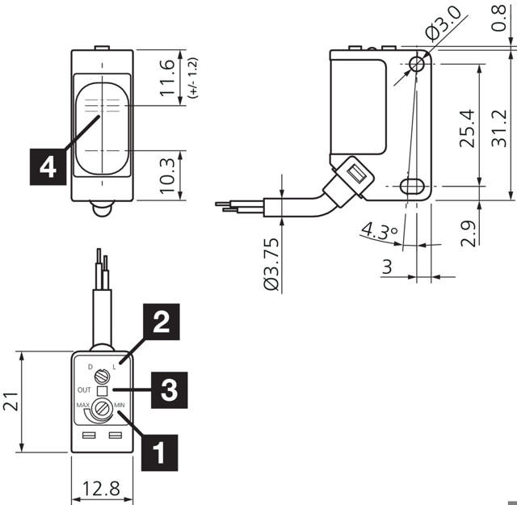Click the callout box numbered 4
click(48, 166)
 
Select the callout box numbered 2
click(161, 323)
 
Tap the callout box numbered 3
click(166, 389)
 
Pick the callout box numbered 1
click(161, 450)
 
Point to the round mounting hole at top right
click(418, 63)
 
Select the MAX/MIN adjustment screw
click(103, 408)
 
